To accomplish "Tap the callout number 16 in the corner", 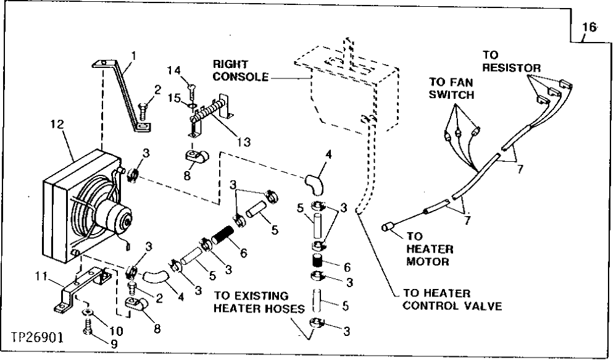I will tap(589, 28).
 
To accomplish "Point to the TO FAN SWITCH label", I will tap(452, 88).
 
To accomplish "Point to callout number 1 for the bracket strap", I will tap(134, 55).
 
